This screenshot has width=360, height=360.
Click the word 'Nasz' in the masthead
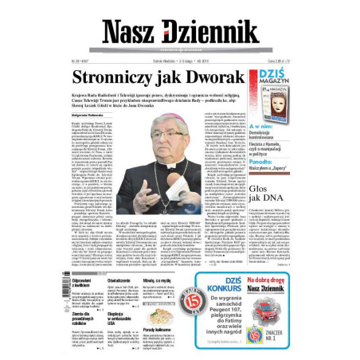[x=131, y=30]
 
